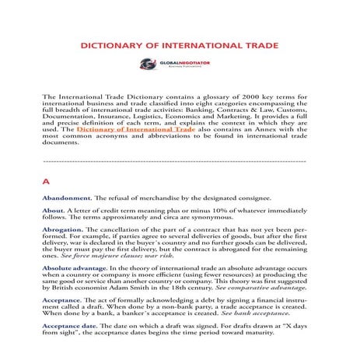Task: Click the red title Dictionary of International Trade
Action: (x=180, y=47)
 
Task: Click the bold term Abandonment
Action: (x=68, y=200)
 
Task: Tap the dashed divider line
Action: (x=180, y=162)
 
